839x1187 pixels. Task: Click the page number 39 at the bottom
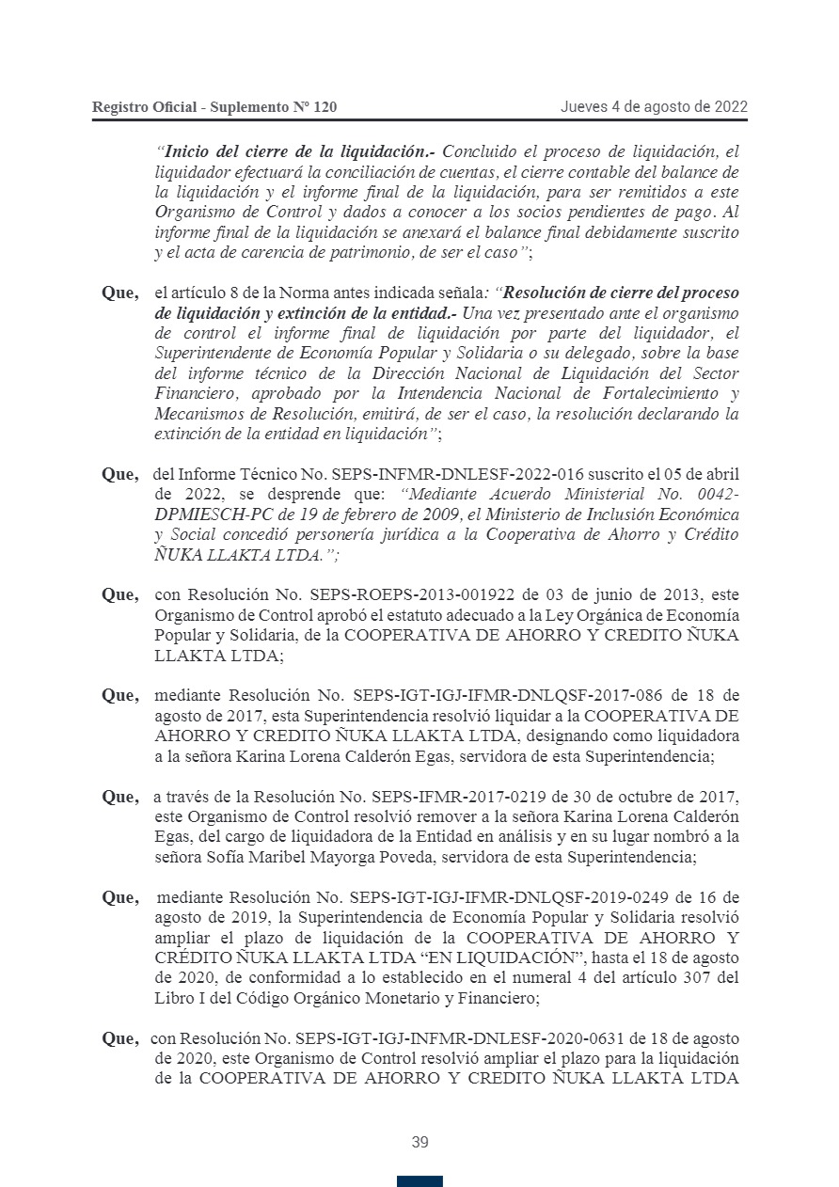tap(419, 1143)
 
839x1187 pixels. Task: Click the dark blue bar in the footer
tap(419, 1181)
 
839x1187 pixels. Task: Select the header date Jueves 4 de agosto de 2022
tap(654, 106)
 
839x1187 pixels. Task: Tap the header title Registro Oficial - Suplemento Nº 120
tap(214, 107)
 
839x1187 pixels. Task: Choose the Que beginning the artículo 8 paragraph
tap(120, 293)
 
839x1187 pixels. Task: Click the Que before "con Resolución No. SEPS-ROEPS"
tap(120, 594)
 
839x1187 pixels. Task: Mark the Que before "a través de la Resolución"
tap(120, 797)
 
